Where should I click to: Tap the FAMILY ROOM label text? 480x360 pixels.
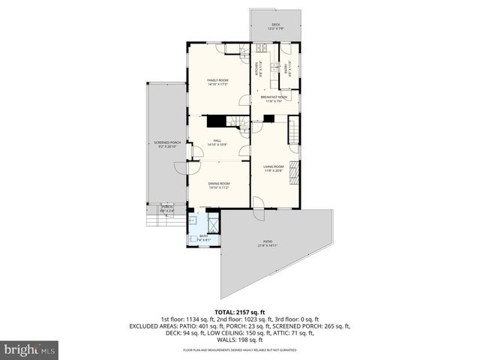pyautogui.click(x=217, y=82)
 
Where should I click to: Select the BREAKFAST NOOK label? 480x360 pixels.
pyautogui.click(x=274, y=98)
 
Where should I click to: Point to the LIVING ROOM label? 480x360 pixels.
pyautogui.click(x=273, y=168)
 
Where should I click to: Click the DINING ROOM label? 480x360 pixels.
pyautogui.click(x=219, y=184)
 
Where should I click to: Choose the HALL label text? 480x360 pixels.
pyautogui.click(x=217, y=141)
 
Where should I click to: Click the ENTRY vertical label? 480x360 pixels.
pyautogui.click(x=286, y=70)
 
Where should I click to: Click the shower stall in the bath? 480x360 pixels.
pyautogui.click(x=213, y=223)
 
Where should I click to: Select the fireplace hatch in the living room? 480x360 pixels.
pyautogui.click(x=294, y=172)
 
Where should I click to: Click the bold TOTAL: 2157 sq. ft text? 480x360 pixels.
pyautogui.click(x=240, y=312)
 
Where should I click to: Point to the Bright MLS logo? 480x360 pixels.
pyautogui.click(x=28, y=349)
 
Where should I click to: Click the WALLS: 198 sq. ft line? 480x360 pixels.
pyautogui.click(x=240, y=340)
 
